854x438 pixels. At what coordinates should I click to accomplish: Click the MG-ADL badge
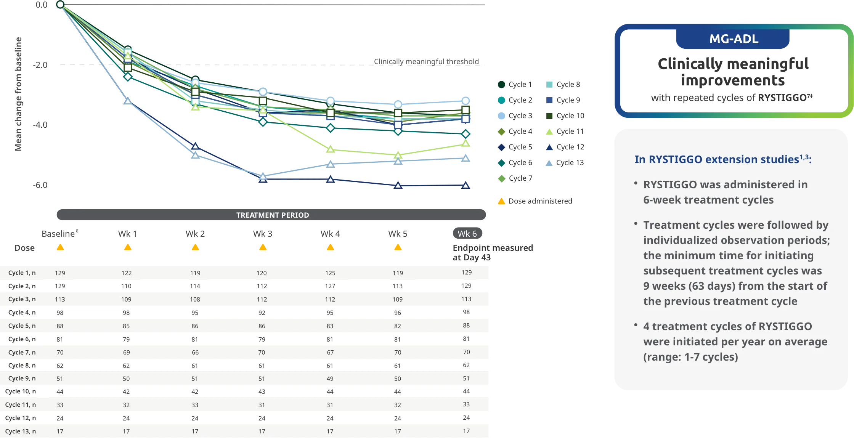[734, 39]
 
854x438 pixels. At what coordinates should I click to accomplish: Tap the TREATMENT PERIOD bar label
[272, 215]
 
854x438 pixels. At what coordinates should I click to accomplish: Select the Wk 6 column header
[467, 234]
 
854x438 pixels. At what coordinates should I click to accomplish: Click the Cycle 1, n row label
[22, 273]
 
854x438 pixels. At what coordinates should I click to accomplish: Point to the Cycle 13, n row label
[20, 431]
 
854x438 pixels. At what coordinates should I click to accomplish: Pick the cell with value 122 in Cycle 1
[126, 273]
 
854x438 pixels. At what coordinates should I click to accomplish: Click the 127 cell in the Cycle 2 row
[330, 286]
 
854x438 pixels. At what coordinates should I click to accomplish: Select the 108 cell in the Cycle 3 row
[195, 299]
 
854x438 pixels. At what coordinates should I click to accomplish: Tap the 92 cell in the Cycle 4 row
[262, 313]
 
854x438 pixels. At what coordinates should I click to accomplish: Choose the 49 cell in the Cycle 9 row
[330, 379]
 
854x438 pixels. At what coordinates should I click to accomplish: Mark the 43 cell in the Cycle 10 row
[262, 391]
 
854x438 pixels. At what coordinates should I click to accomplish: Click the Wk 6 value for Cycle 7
[466, 352]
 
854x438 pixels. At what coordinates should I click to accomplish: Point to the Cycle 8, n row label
[22, 365]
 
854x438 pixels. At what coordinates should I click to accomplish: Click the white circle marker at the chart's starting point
[60, 5]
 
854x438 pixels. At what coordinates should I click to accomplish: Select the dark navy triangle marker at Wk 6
[466, 186]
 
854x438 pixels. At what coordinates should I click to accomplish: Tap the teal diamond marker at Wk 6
[466, 134]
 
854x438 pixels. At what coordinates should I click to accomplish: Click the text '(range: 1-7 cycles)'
[690, 357]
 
